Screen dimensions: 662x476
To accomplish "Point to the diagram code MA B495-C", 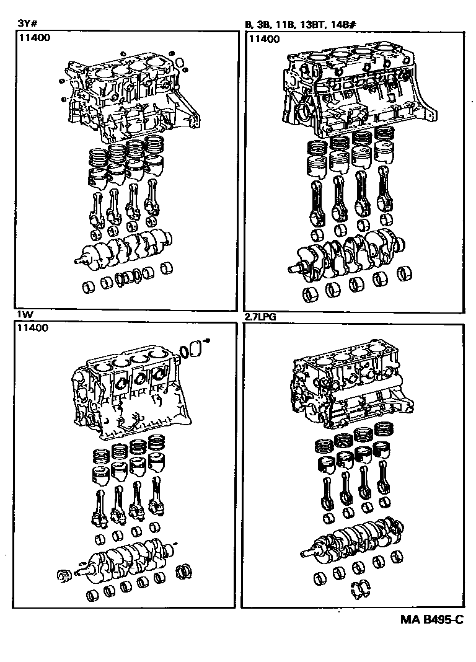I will [x=430, y=620].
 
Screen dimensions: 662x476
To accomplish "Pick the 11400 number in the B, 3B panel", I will [x=264, y=38].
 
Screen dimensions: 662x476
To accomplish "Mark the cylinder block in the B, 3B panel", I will [x=359, y=93].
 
